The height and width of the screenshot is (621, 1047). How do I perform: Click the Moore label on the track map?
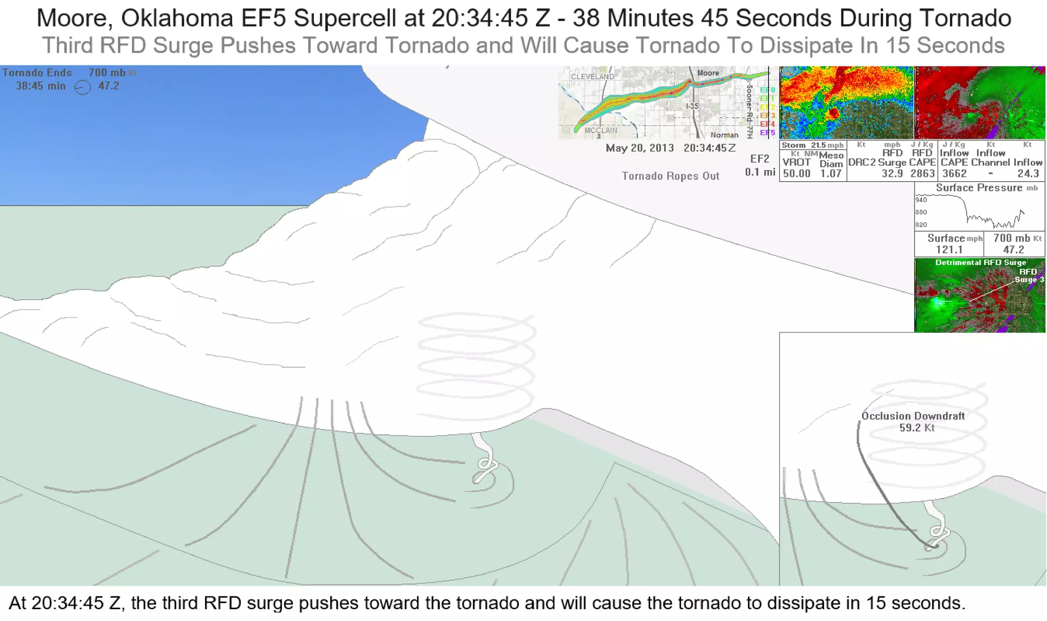click(708, 73)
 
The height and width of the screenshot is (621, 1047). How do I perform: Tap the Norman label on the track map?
click(724, 135)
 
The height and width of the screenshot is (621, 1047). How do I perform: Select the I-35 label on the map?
click(692, 106)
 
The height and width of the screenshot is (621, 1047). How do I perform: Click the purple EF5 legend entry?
click(767, 133)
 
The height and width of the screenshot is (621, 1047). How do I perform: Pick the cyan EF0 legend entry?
click(767, 91)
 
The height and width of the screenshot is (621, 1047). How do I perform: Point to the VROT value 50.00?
click(796, 173)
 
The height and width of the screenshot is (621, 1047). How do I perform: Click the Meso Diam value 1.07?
click(831, 173)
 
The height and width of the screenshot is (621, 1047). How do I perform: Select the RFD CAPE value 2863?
click(922, 173)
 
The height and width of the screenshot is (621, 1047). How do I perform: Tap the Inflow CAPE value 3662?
click(954, 173)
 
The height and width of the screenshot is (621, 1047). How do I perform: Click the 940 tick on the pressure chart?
click(921, 200)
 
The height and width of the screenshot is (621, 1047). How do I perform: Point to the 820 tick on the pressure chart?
click(921, 225)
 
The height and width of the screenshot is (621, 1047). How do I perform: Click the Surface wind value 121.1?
click(949, 250)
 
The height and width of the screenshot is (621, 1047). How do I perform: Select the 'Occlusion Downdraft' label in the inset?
click(913, 416)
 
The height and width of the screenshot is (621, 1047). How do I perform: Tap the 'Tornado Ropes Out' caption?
click(670, 176)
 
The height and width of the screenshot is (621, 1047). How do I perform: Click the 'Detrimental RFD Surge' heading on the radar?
click(981, 262)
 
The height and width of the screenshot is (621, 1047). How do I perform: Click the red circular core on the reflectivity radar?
click(833, 114)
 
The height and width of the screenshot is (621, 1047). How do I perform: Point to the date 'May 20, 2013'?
click(640, 148)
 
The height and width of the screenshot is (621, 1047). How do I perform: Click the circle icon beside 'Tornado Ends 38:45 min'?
click(83, 87)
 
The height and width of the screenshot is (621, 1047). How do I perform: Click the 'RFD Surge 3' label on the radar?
click(1029, 276)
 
